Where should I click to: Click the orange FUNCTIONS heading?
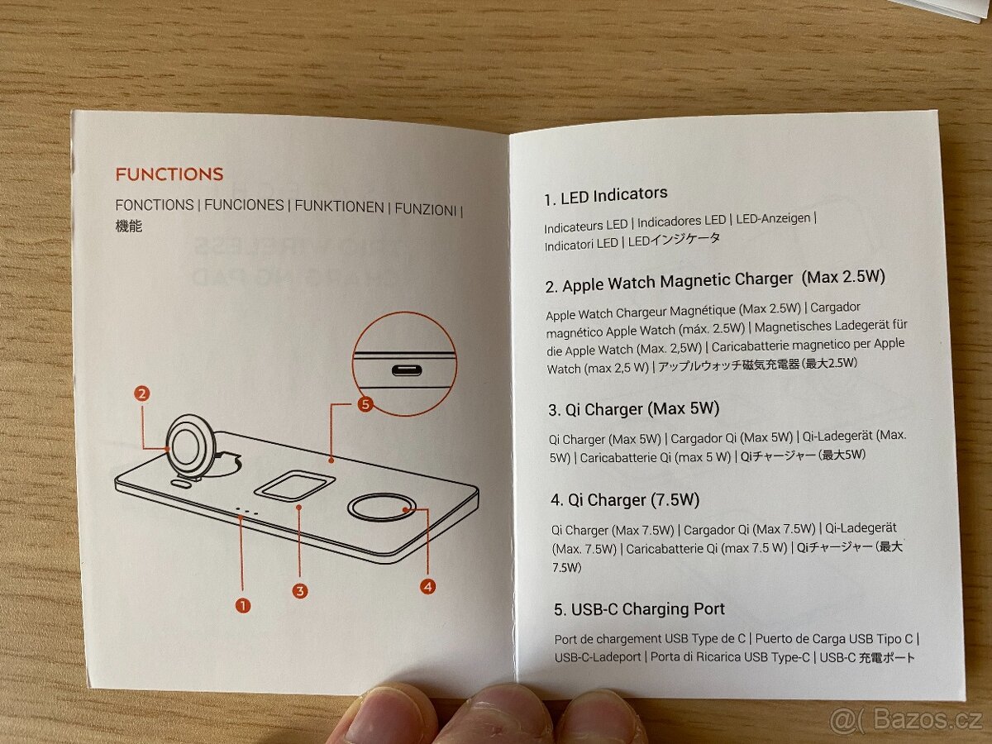[169, 174]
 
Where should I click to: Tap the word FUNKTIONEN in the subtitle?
[340, 207]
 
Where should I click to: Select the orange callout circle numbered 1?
[243, 605]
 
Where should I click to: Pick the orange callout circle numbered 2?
[142, 394]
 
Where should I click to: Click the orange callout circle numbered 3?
[299, 591]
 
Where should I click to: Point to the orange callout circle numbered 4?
[427, 587]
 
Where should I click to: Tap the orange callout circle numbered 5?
[365, 404]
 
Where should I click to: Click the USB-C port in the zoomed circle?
[407, 370]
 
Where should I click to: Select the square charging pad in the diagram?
[294, 486]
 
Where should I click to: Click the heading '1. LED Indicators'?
[606, 196]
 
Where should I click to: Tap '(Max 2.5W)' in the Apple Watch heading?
[843, 276]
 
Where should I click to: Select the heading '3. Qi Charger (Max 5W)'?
[633, 409]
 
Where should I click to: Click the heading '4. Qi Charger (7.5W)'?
[625, 500]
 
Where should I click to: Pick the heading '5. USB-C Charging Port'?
[639, 609]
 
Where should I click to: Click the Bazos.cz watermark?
[906, 720]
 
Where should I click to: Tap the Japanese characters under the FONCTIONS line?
[129, 227]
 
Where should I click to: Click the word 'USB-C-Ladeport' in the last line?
[598, 658]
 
